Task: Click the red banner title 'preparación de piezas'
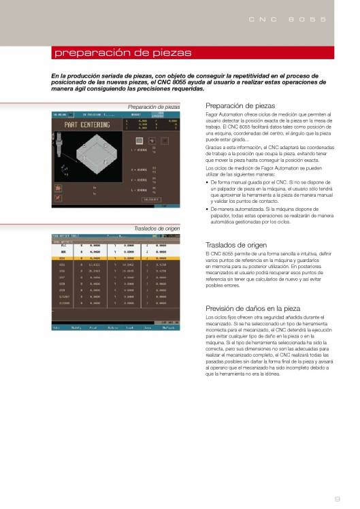122,53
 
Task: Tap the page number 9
347,501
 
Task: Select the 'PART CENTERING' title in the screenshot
88,125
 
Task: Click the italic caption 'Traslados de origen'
158,229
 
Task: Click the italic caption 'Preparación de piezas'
154,108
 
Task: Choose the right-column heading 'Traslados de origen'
235,245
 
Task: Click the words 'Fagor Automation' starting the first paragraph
225,117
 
